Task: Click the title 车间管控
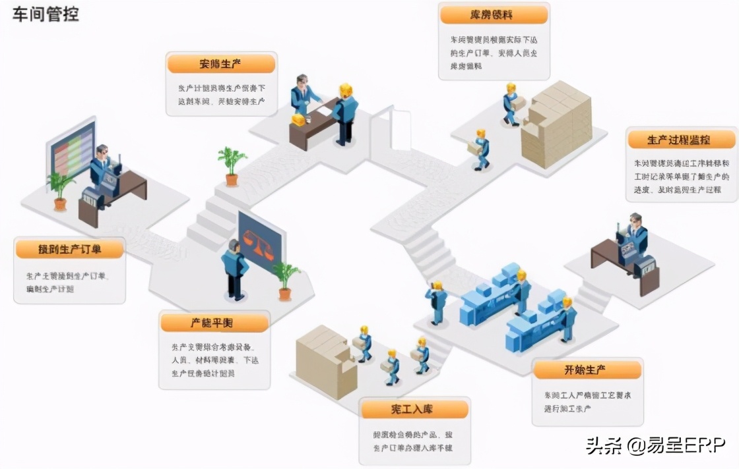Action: click(45, 14)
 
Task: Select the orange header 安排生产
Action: click(220, 64)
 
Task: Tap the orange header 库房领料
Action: click(494, 15)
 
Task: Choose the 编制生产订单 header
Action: click(70, 249)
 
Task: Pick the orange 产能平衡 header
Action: click(214, 323)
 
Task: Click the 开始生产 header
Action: click(587, 370)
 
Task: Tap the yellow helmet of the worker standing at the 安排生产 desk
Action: click(346, 90)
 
